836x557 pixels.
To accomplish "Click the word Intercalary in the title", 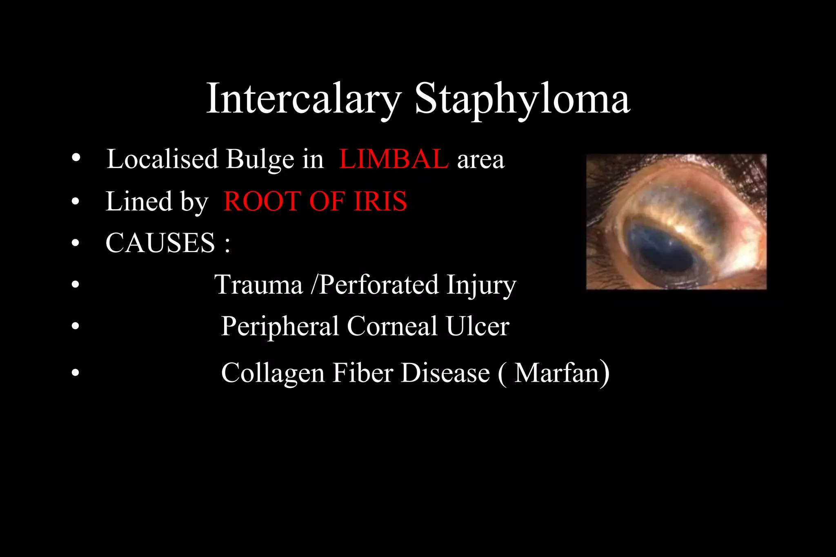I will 304,99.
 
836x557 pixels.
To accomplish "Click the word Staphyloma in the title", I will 522,99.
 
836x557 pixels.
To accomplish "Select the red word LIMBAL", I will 394,159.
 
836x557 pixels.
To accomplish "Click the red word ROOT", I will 262,201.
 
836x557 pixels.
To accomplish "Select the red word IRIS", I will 380,201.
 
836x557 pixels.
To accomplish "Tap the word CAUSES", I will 160,243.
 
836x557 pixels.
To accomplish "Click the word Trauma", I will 258,284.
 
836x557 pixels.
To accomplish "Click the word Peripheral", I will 280,326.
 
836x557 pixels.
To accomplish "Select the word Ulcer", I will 477,326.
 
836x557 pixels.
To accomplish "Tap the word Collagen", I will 273,373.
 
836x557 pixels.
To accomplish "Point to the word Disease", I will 445,373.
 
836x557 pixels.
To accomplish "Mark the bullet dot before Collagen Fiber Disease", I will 76,373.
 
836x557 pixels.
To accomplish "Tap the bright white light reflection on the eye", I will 680,230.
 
